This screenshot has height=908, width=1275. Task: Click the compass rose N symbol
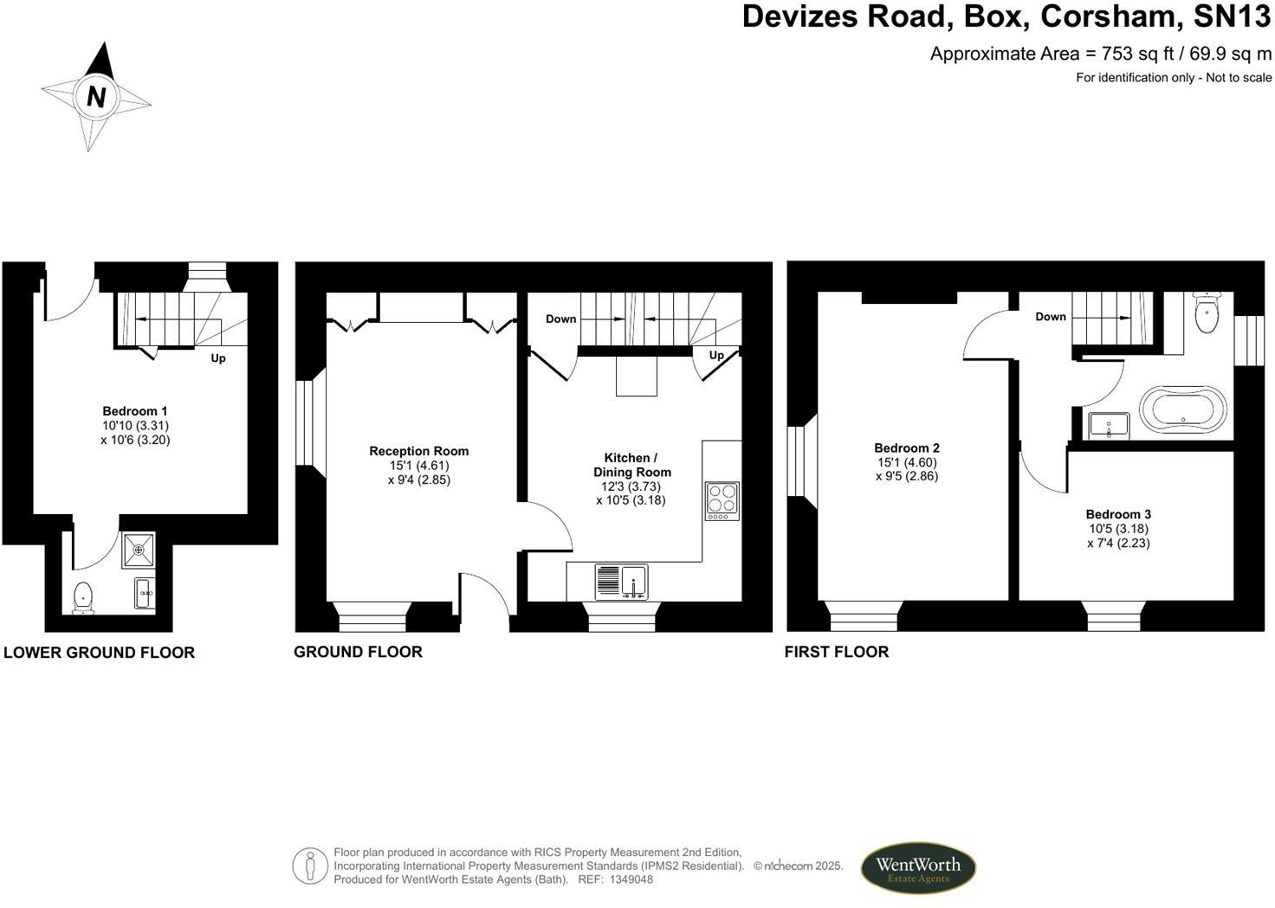click(x=95, y=96)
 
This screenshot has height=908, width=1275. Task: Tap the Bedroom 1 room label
click(x=135, y=411)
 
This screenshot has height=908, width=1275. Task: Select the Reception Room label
click(x=418, y=451)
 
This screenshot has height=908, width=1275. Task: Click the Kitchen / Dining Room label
click(x=631, y=465)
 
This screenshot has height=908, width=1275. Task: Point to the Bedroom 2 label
click(x=906, y=448)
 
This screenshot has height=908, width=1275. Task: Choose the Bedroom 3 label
click(x=1118, y=514)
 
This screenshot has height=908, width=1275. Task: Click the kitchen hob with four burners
click(x=722, y=500)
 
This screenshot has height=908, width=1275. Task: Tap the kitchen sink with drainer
click(x=621, y=581)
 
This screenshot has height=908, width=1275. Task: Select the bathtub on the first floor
click(x=1182, y=409)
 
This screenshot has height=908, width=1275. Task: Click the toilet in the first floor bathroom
click(x=1206, y=312)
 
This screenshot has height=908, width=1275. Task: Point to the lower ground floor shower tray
click(x=138, y=550)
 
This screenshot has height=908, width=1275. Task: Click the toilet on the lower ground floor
click(x=83, y=596)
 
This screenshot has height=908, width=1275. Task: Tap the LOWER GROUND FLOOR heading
click(x=99, y=653)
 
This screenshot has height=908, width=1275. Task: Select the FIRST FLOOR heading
click(x=836, y=652)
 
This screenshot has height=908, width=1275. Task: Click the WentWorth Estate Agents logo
click(x=917, y=867)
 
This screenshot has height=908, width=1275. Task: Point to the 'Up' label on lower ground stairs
click(x=218, y=357)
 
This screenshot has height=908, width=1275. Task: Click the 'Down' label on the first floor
click(x=1050, y=317)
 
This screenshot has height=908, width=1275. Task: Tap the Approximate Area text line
click(x=1100, y=54)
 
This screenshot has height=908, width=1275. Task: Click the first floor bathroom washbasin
click(x=1110, y=425)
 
